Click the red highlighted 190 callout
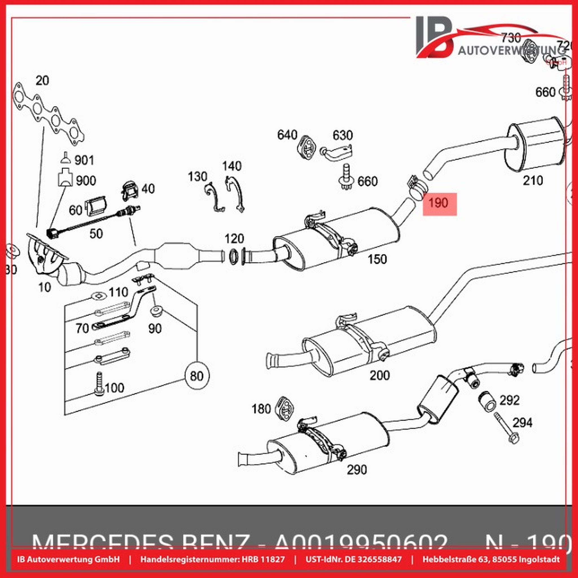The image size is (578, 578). pos(439,204)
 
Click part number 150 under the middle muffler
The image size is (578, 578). pos(377,259)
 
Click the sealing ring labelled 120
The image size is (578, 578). pos(232,256)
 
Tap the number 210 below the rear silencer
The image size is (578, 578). pos(533,181)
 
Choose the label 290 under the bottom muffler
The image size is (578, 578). pos(357,470)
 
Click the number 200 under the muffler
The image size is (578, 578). pos(380,375)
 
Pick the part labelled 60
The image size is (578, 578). pos(96,206)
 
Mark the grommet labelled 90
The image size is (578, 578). pos(156,312)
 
